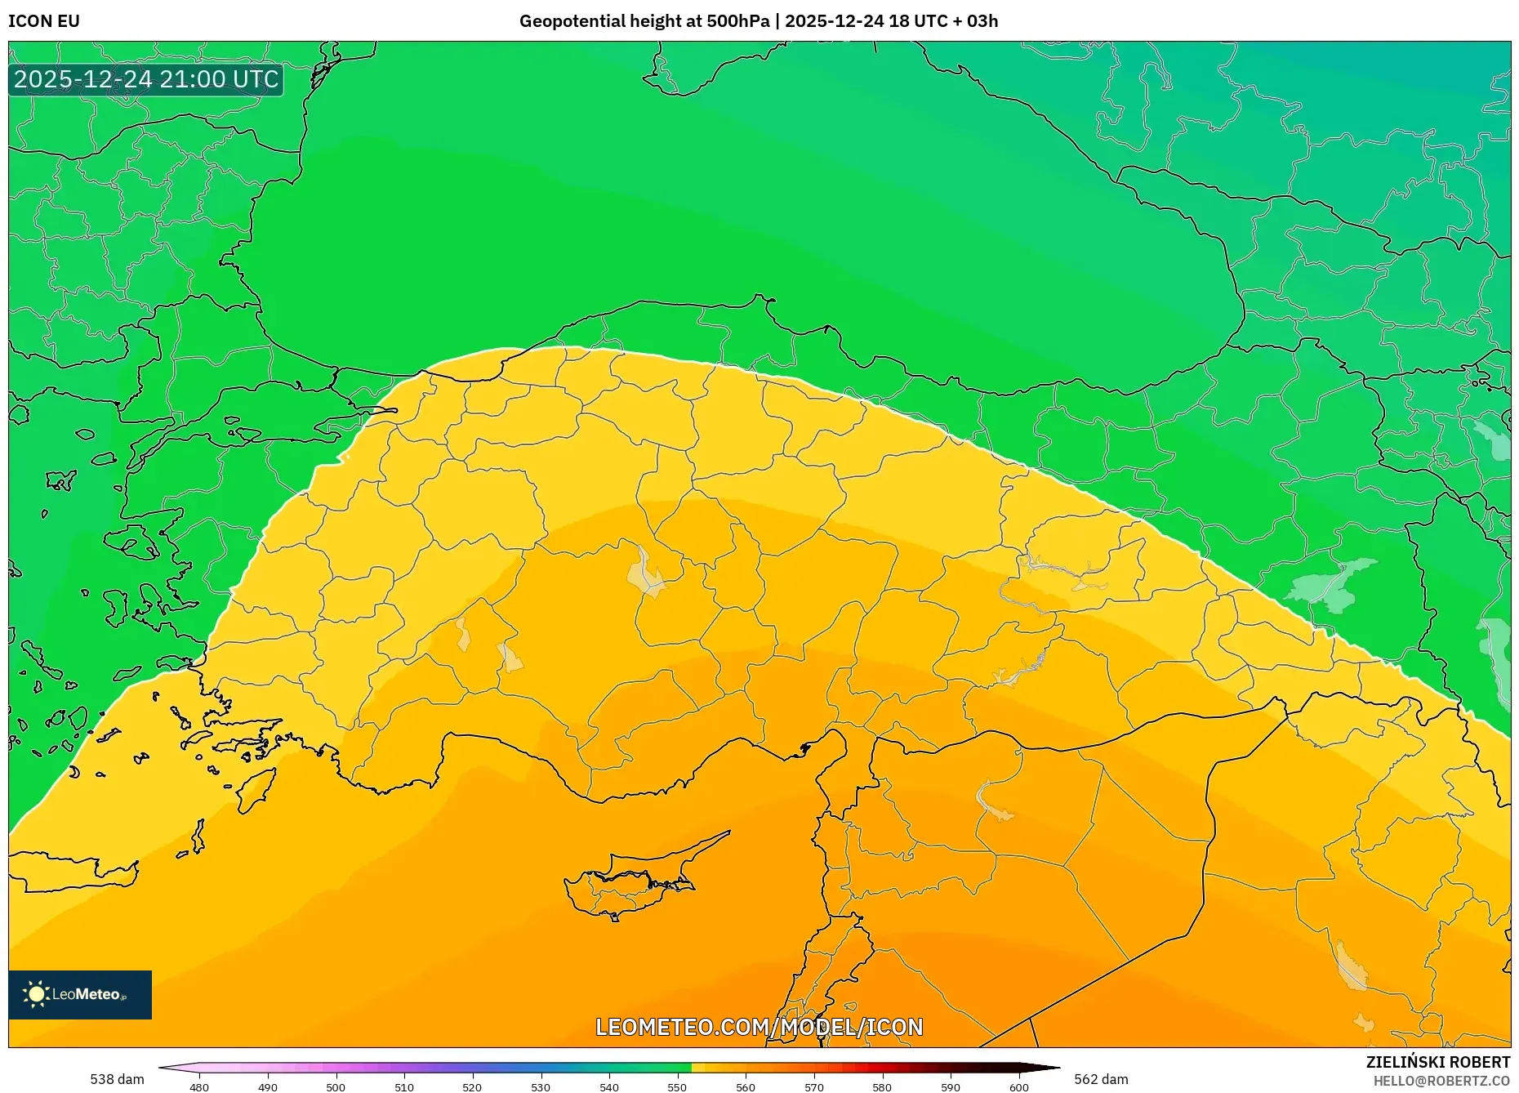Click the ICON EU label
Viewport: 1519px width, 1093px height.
click(x=44, y=21)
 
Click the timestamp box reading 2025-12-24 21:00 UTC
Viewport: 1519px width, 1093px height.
click(x=146, y=79)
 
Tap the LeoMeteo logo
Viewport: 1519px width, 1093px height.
click(x=80, y=994)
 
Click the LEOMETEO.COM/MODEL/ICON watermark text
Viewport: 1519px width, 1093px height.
click(x=759, y=1027)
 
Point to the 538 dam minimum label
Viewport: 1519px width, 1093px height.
click(x=117, y=1079)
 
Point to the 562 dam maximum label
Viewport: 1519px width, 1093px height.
click(x=1101, y=1079)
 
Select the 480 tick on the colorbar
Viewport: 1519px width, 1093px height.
click(x=199, y=1086)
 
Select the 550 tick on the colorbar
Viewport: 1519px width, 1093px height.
click(x=677, y=1086)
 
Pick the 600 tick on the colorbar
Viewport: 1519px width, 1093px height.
click(x=1018, y=1086)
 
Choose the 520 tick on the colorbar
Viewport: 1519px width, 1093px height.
click(x=472, y=1086)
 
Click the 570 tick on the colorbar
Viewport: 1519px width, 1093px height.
click(x=813, y=1086)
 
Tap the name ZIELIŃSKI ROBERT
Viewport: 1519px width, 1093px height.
click(x=1437, y=1062)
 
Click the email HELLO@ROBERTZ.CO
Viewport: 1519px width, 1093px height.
click(x=1441, y=1081)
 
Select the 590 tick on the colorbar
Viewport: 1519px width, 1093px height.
click(x=951, y=1086)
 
